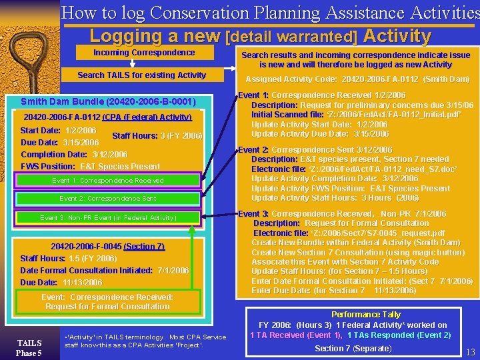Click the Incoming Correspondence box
(144, 53)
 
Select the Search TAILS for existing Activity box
(141, 75)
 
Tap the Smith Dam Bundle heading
(108, 102)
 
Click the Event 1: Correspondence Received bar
(108, 181)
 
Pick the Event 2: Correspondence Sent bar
(108, 199)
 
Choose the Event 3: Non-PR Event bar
(108, 218)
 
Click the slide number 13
(470, 352)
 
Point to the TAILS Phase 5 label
(29, 347)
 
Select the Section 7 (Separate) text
(353, 349)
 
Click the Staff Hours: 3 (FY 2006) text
(157, 136)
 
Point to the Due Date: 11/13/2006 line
(61, 283)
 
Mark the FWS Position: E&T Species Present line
(91, 167)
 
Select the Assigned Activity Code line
(358, 79)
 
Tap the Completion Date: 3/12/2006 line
(74, 155)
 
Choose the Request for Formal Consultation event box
(107, 302)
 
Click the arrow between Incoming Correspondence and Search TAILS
(132, 64)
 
